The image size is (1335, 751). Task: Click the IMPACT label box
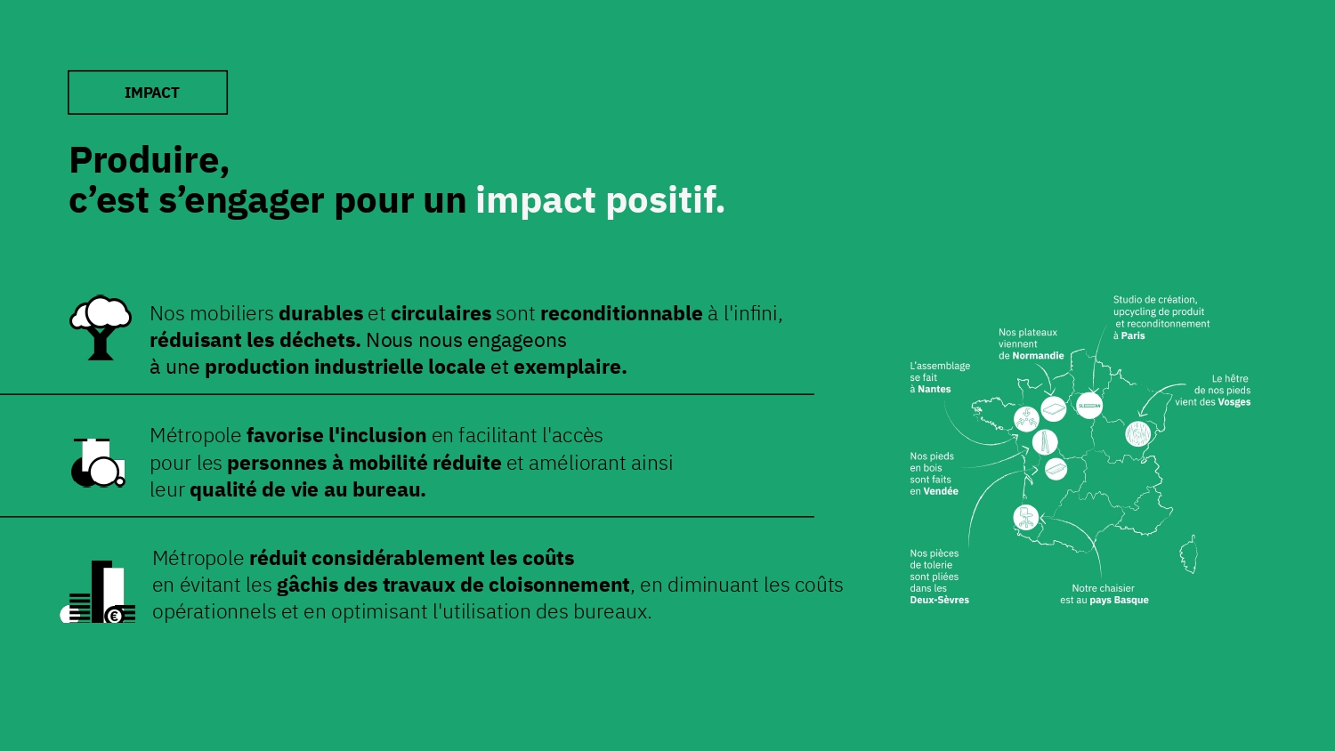tap(147, 93)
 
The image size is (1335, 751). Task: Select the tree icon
tap(101, 327)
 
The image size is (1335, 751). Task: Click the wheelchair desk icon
tap(98, 463)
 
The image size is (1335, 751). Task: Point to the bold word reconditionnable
tap(621, 313)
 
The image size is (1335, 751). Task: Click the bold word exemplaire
tap(570, 367)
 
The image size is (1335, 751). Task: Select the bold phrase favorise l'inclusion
tap(336, 436)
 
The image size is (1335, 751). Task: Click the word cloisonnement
tap(559, 585)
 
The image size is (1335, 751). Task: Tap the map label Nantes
tap(934, 389)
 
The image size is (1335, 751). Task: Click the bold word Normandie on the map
tap(1038, 356)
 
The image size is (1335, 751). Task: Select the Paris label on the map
tap(1133, 335)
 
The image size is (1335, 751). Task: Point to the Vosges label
tap(1234, 402)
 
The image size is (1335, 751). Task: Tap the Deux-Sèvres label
tap(939, 601)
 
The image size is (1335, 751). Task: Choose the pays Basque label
tap(1119, 601)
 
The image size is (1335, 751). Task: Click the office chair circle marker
tap(1025, 517)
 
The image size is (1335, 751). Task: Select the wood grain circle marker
tap(1137, 434)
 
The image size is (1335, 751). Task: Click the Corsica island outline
tap(1189, 554)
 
